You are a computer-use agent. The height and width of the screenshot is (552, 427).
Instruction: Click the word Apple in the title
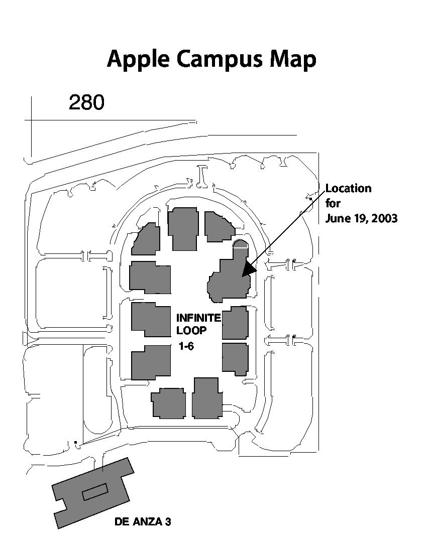(137, 59)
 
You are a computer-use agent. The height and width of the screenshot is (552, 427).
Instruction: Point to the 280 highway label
(86, 102)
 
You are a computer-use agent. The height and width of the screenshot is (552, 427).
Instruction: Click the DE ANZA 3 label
(143, 522)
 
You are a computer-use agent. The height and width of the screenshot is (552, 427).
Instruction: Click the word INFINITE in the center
(198, 318)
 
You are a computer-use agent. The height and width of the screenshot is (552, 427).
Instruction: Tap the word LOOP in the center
(191, 331)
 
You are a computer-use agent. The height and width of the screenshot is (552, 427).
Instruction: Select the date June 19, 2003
(361, 219)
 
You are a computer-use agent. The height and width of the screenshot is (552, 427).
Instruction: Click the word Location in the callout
(349, 188)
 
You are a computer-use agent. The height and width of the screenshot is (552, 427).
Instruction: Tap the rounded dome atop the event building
(241, 244)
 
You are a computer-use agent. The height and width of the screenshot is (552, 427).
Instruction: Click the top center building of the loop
(182, 228)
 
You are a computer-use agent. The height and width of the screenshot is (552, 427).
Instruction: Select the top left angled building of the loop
(147, 239)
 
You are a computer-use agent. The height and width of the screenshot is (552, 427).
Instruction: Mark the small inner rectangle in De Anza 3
(95, 490)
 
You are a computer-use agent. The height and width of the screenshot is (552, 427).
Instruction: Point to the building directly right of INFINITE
(235, 323)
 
